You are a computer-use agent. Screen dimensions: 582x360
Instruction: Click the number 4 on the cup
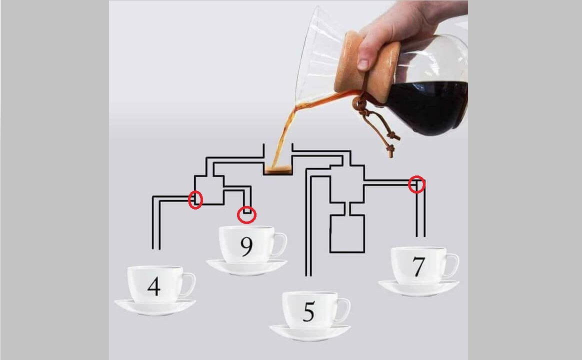pyautogui.click(x=154, y=286)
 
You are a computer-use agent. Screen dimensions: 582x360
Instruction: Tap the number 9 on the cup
pyautogui.click(x=246, y=246)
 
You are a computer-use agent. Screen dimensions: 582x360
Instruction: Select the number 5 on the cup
pyautogui.click(x=309, y=311)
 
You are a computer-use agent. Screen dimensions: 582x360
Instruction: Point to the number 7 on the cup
pyautogui.click(x=418, y=266)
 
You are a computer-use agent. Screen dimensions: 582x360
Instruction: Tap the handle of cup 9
pyautogui.click(x=281, y=244)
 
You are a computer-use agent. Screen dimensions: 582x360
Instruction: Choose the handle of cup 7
pyautogui.click(x=453, y=265)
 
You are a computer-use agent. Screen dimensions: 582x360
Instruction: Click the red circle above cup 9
pyautogui.click(x=247, y=215)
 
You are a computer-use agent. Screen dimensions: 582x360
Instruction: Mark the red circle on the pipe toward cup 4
pyautogui.click(x=195, y=199)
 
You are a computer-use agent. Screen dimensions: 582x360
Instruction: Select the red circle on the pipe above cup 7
pyautogui.click(x=417, y=184)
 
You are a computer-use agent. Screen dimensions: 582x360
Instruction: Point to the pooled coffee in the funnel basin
pyautogui.click(x=278, y=170)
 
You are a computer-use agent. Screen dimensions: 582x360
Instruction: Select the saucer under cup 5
pyautogui.click(x=310, y=332)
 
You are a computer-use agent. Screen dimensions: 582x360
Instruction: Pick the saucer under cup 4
pyautogui.click(x=155, y=307)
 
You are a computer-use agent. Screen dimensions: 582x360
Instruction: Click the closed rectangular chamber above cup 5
pyautogui.click(x=347, y=234)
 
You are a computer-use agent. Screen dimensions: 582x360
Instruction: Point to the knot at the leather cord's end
pyautogui.click(x=390, y=149)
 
